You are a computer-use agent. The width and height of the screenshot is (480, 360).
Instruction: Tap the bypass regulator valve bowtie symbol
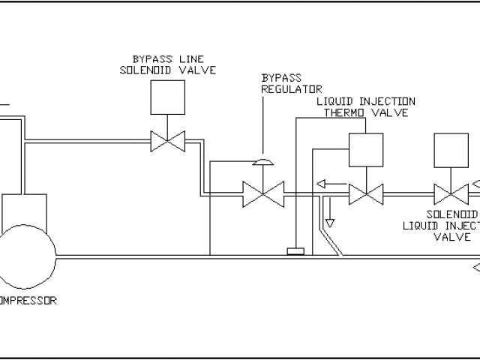[262, 195]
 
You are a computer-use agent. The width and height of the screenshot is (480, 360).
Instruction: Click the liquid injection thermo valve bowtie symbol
[367, 195]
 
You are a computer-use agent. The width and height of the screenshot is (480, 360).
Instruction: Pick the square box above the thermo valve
[367, 150]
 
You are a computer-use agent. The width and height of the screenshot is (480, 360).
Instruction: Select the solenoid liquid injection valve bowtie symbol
[452, 195]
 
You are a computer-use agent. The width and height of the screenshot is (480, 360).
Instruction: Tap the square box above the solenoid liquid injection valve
[452, 150]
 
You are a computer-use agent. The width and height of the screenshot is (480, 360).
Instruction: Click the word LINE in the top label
[179, 58]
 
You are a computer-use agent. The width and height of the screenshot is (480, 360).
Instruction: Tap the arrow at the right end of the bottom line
[475, 266]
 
